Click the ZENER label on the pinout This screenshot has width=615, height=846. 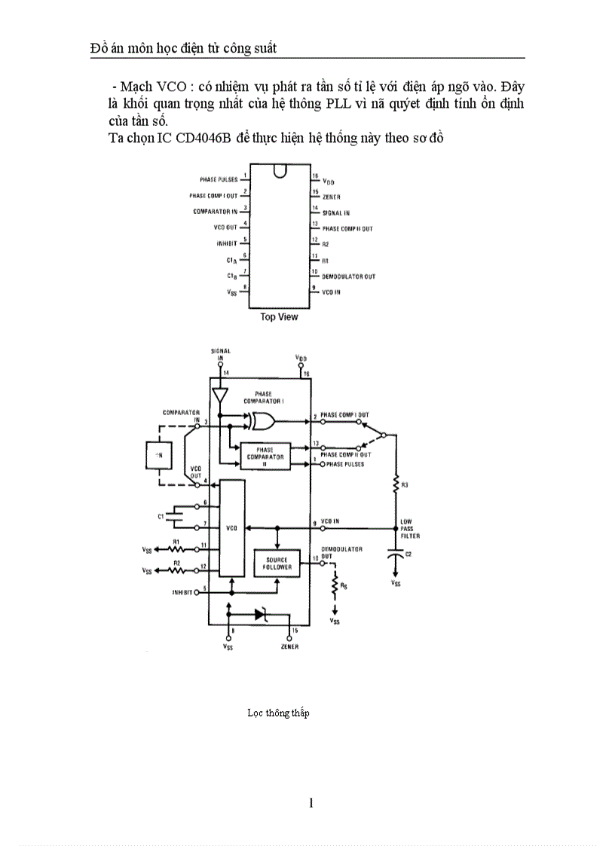pos(332,197)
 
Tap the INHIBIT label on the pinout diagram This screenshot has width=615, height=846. pos(226,243)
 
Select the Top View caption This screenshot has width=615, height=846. pos(279,317)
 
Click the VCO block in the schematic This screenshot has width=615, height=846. pos(231,528)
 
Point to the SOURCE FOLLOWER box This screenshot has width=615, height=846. pos(277,563)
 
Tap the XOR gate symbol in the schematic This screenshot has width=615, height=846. pos(263,420)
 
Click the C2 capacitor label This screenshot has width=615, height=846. pos(408,554)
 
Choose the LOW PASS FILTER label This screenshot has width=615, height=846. pos(410,528)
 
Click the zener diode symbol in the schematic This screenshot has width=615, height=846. pos(261,615)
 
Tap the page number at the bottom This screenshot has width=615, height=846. pos(311,803)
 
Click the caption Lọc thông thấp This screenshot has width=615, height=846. pos(278,713)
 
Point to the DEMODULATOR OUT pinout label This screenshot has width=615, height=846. pos(348,276)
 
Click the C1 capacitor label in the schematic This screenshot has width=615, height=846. pos(161,516)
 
